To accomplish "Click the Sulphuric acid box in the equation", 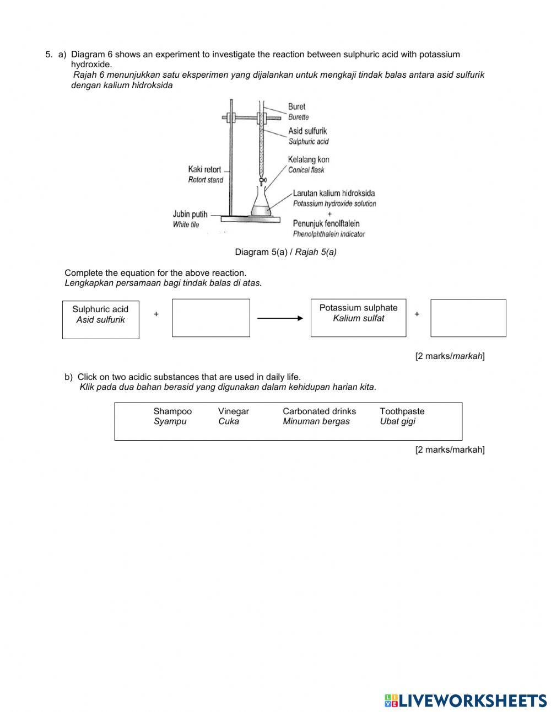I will click(100, 319).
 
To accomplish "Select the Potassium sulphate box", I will click(358, 318).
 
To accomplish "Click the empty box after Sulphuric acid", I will click(210, 318).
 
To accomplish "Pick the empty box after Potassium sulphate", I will click(468, 318).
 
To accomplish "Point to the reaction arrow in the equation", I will click(280, 318).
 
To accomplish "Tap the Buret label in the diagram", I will click(296, 106).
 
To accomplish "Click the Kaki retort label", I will click(204, 169).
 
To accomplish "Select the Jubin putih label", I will click(190, 214).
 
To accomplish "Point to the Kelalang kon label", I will click(309, 159).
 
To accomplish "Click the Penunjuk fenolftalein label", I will click(326, 223).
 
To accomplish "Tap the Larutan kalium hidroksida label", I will click(334, 193).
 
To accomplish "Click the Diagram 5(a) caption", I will click(285, 252).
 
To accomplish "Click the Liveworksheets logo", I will click(466, 700).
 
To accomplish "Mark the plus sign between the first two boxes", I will click(156, 314).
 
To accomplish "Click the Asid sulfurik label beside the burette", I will click(307, 131).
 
